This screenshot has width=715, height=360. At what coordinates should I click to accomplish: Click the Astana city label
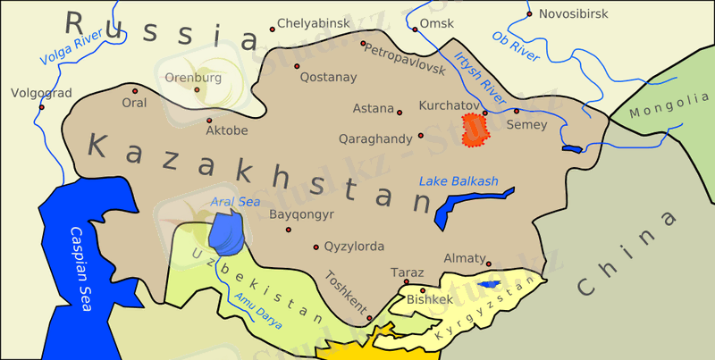click(373, 109)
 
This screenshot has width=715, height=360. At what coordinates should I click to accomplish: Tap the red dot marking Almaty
click(489, 264)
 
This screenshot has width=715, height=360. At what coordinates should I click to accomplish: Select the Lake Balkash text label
click(458, 181)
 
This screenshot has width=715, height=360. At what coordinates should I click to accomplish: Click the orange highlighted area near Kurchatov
click(474, 130)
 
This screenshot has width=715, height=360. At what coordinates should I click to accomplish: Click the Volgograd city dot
click(41, 107)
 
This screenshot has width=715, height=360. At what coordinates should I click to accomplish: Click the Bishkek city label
click(429, 300)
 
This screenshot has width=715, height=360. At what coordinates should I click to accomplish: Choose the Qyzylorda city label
click(355, 247)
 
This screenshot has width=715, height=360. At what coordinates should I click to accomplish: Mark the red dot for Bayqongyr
click(288, 230)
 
